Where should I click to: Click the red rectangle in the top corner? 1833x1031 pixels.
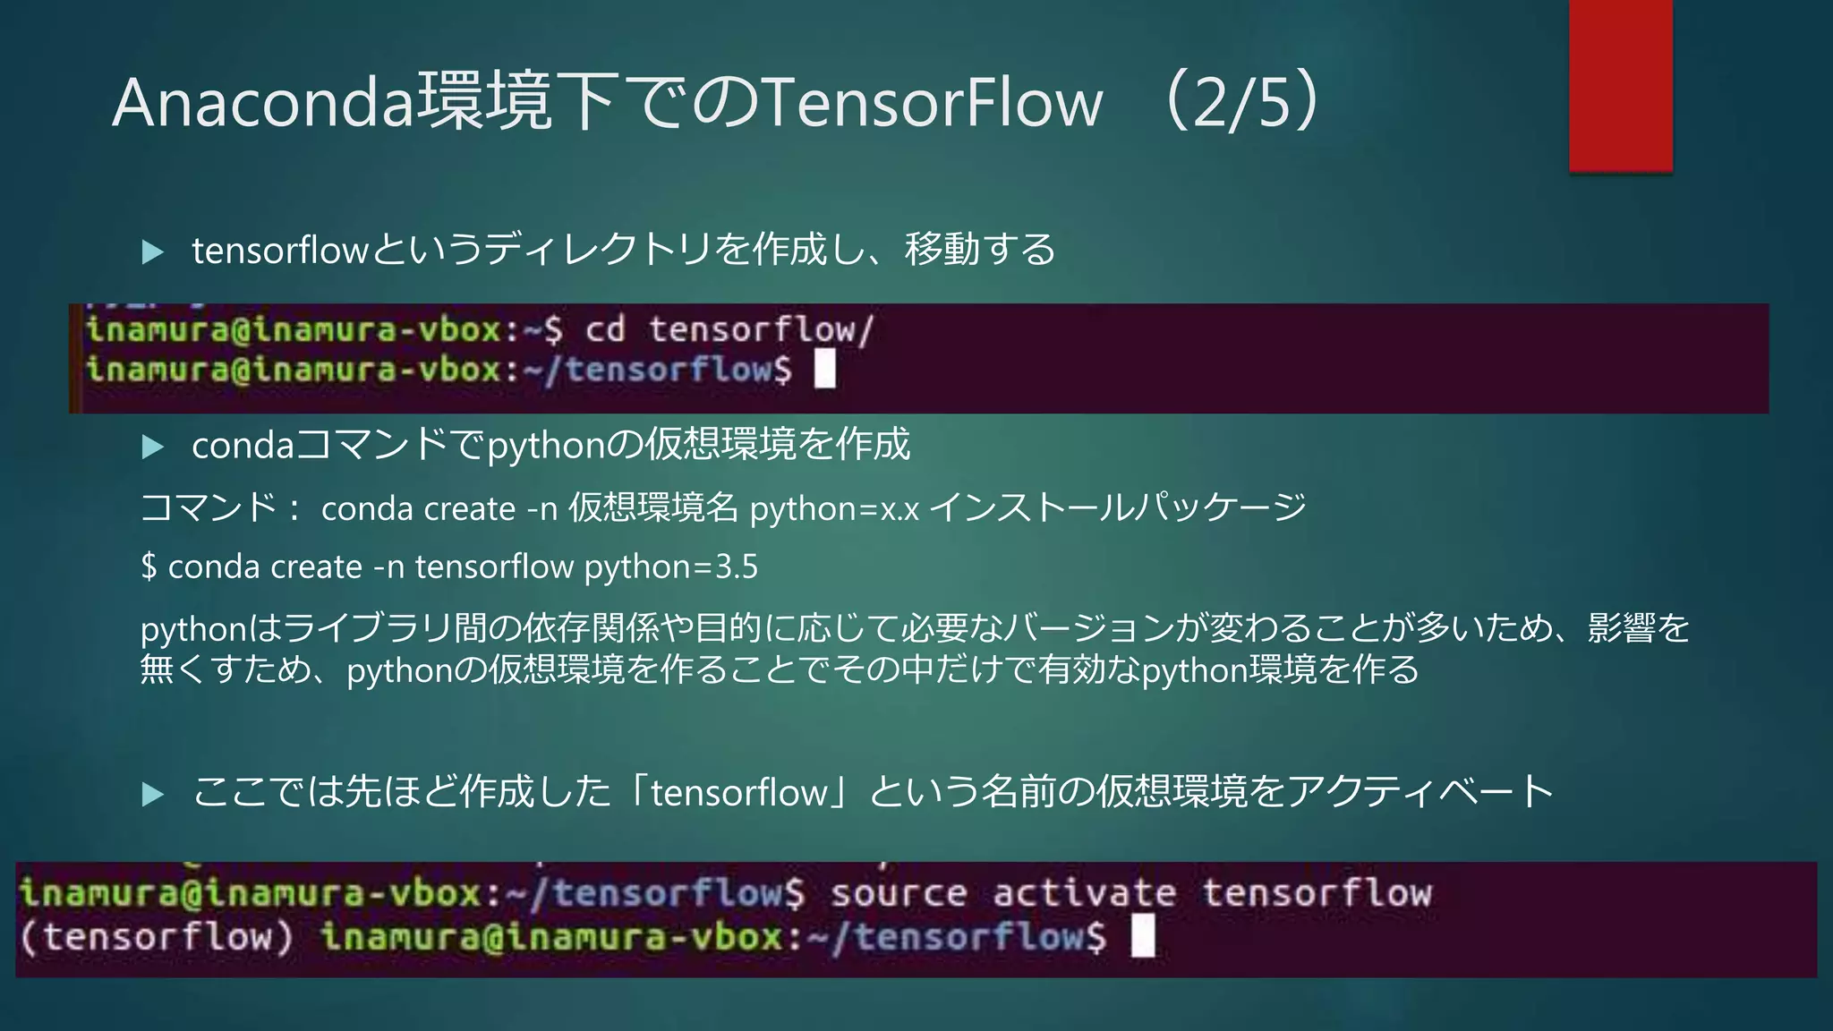pos(1620,85)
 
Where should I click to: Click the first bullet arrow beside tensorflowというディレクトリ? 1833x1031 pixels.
pos(153,251)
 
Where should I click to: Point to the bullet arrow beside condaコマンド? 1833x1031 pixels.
pos(153,447)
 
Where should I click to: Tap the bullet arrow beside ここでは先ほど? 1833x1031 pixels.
pos(153,793)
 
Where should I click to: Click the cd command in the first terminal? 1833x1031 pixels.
pos(605,329)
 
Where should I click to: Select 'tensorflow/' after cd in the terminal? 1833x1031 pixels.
pos(761,329)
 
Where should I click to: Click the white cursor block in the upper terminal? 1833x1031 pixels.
pos(825,369)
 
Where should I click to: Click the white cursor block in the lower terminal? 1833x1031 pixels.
pos(1143,936)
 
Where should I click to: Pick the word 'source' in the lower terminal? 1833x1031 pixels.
pos(899,893)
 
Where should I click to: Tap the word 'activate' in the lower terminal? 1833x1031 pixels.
pos(1084,893)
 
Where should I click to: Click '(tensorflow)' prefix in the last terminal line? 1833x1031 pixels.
pos(157,937)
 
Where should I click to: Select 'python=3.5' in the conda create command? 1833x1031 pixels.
pos(670,567)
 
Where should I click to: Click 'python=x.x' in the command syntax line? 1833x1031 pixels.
pos(834,509)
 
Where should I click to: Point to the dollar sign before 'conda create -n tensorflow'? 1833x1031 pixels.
pos(149,567)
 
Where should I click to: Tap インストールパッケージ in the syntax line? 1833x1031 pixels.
pos(1118,508)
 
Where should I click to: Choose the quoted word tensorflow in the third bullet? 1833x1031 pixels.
pos(739,793)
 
